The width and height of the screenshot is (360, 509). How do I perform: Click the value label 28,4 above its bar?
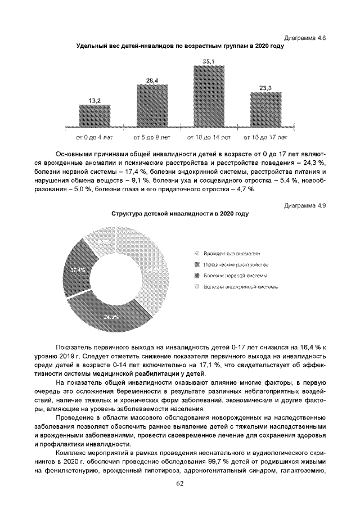pyautogui.click(x=152, y=81)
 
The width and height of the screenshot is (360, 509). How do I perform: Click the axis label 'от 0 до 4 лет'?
pyautogui.click(x=94, y=137)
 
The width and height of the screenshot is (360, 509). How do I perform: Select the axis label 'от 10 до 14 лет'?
pyautogui.click(x=209, y=137)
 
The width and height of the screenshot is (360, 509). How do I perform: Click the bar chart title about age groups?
pyautogui.click(x=180, y=46)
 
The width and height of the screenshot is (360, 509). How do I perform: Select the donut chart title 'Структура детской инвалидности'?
pyautogui.click(x=180, y=214)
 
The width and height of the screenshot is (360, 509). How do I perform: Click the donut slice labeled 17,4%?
pyautogui.click(x=76, y=273)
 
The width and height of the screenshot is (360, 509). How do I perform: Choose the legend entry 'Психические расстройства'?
pyautogui.click(x=231, y=265)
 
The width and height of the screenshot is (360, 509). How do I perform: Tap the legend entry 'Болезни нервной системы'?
pyautogui.click(x=231, y=276)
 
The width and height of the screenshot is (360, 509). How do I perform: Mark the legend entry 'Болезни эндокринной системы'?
pyautogui.click(x=236, y=286)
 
